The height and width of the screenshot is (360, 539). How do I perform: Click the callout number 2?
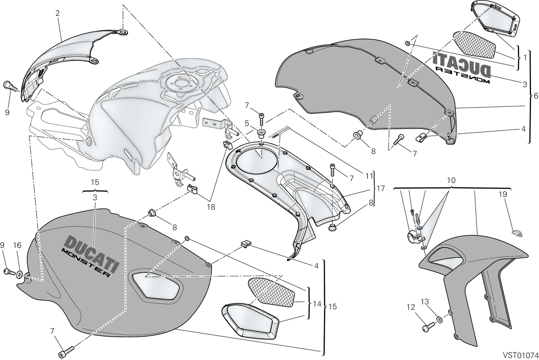(x=57, y=13)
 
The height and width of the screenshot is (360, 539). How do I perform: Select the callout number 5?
(x=247, y=124)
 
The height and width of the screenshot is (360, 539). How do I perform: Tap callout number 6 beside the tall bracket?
(x=536, y=96)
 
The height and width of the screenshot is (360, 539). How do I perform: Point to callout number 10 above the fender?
(x=451, y=181)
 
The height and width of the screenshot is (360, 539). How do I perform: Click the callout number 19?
(x=503, y=194)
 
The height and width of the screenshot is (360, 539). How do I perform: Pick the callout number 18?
(x=211, y=207)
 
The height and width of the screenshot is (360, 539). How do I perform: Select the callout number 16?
(x=17, y=245)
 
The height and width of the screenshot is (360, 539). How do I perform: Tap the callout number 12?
(x=411, y=307)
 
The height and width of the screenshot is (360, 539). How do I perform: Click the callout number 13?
(x=425, y=301)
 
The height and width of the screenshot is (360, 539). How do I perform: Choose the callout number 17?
(x=381, y=188)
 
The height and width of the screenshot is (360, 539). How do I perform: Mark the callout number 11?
(x=369, y=176)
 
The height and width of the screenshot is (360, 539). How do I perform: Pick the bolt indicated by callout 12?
(x=429, y=327)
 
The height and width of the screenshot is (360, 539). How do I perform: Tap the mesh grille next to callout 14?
(x=272, y=292)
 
